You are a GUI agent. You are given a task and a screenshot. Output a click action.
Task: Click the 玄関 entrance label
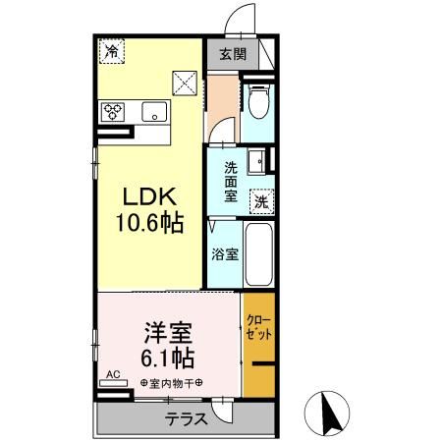point(232,53)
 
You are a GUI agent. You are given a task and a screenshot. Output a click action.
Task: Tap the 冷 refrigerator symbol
point(113,50)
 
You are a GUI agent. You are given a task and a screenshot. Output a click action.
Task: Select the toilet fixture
point(258,100)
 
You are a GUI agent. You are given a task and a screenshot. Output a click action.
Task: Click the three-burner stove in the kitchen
point(113,110)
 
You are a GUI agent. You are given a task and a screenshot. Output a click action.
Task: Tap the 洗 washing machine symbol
point(261,200)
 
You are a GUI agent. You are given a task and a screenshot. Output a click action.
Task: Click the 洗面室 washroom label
point(230,182)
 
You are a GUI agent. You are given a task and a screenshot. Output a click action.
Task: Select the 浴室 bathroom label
point(225,254)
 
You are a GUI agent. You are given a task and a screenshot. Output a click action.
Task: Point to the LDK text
point(149,196)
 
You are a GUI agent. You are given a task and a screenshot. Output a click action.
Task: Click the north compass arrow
point(332,414)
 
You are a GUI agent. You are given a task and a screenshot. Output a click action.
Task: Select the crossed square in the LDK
point(186,83)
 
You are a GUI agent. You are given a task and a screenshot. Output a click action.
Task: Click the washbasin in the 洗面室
point(257,159)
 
